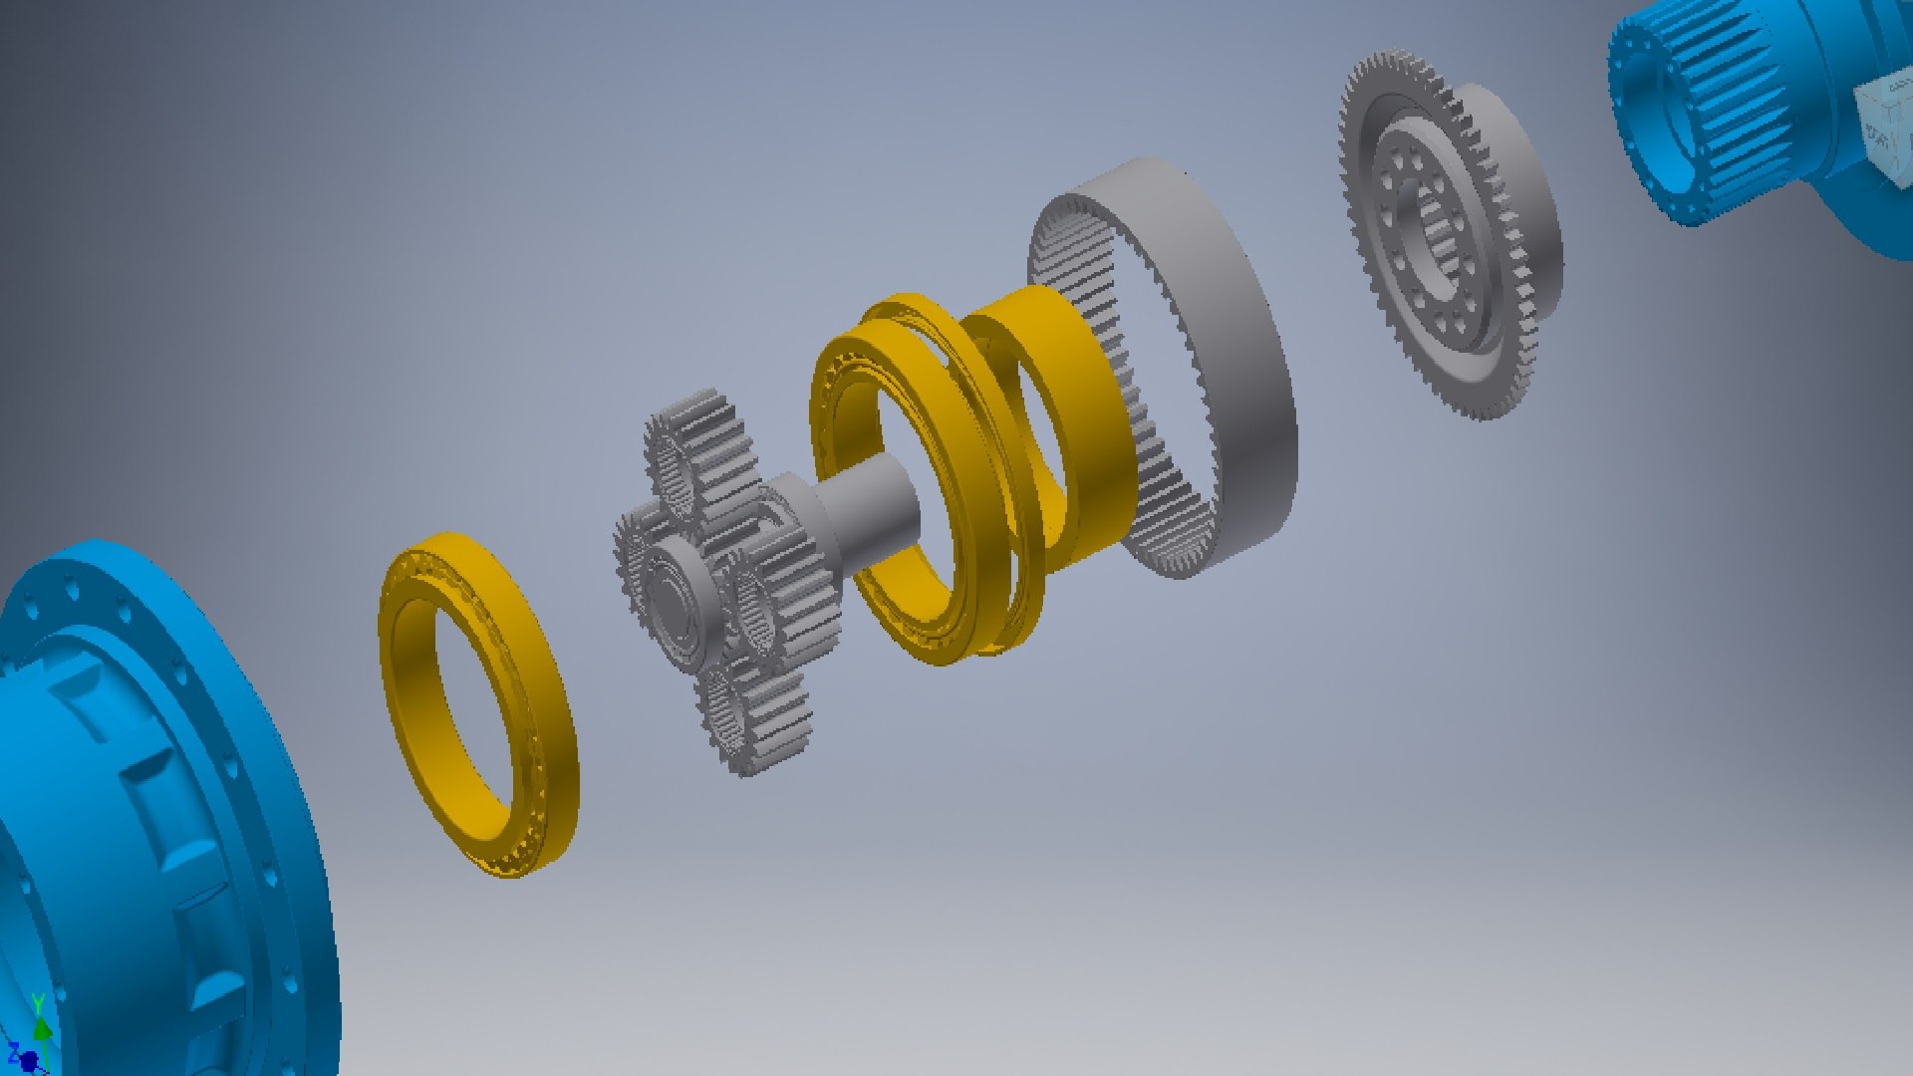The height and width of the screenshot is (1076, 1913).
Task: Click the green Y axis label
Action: point(38,1001)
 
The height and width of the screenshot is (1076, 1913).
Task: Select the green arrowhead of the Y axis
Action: point(41,1025)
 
